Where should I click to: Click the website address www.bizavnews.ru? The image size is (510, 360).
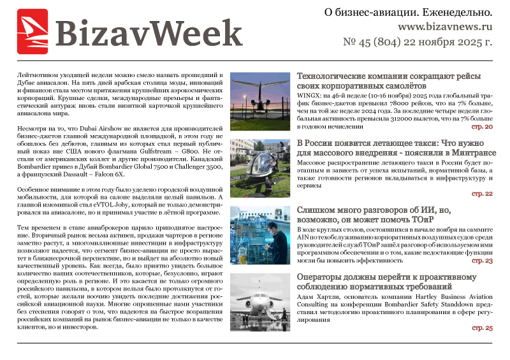(x=445, y=27)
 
